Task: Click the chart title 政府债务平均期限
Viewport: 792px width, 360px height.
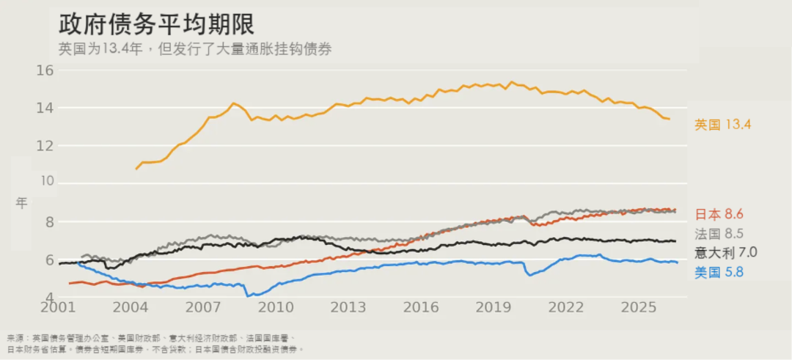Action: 156,23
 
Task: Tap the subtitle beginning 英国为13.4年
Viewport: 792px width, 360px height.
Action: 195,49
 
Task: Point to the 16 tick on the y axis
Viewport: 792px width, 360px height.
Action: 45,70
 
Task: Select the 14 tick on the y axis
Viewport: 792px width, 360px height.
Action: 45,108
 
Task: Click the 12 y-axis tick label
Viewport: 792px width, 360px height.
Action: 45,146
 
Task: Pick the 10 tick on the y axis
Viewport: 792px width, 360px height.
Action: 45,184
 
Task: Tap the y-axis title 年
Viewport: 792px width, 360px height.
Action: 21,203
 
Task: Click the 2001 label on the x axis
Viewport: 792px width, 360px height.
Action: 59,307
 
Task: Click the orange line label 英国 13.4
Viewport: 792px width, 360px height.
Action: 723,125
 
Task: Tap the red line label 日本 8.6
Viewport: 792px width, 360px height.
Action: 720,215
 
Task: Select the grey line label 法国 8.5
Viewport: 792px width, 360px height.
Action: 719,234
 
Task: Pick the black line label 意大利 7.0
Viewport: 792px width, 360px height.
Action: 726,252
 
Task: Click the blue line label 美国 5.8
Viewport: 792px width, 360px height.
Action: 719,273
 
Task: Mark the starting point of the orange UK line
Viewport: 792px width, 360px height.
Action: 136,169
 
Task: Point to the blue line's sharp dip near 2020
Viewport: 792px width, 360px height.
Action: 529,275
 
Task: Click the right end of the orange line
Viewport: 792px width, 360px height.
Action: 670,120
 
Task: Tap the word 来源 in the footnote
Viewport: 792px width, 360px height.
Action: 14,338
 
